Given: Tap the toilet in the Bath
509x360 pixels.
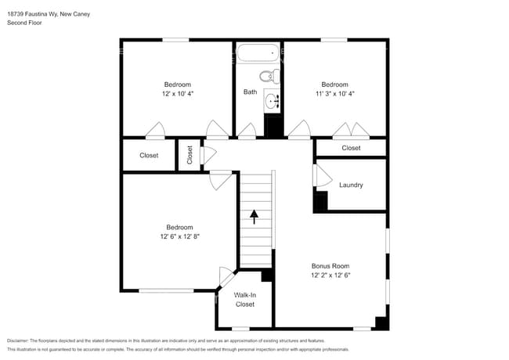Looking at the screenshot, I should tap(268, 77).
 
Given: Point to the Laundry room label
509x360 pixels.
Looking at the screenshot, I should tap(350, 185).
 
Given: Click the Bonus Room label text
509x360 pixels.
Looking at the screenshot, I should tap(330, 266).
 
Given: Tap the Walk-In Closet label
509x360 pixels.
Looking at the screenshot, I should tap(244, 300).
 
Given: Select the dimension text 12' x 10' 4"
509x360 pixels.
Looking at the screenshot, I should tap(177, 93).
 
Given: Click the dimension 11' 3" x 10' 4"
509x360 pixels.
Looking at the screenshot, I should tap(334, 93).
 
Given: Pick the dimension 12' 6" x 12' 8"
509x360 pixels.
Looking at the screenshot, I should tap(179, 236).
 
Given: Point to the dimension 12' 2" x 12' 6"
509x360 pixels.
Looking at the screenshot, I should tap(330, 275).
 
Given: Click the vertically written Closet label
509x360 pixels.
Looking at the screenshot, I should tap(190, 155).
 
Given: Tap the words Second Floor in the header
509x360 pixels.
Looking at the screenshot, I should tap(24, 23).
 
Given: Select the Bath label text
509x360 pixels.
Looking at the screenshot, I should tap(250, 92).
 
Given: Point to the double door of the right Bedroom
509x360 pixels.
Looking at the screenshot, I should tap(350, 130).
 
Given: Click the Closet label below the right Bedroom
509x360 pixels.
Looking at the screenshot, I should tap(351, 148).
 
